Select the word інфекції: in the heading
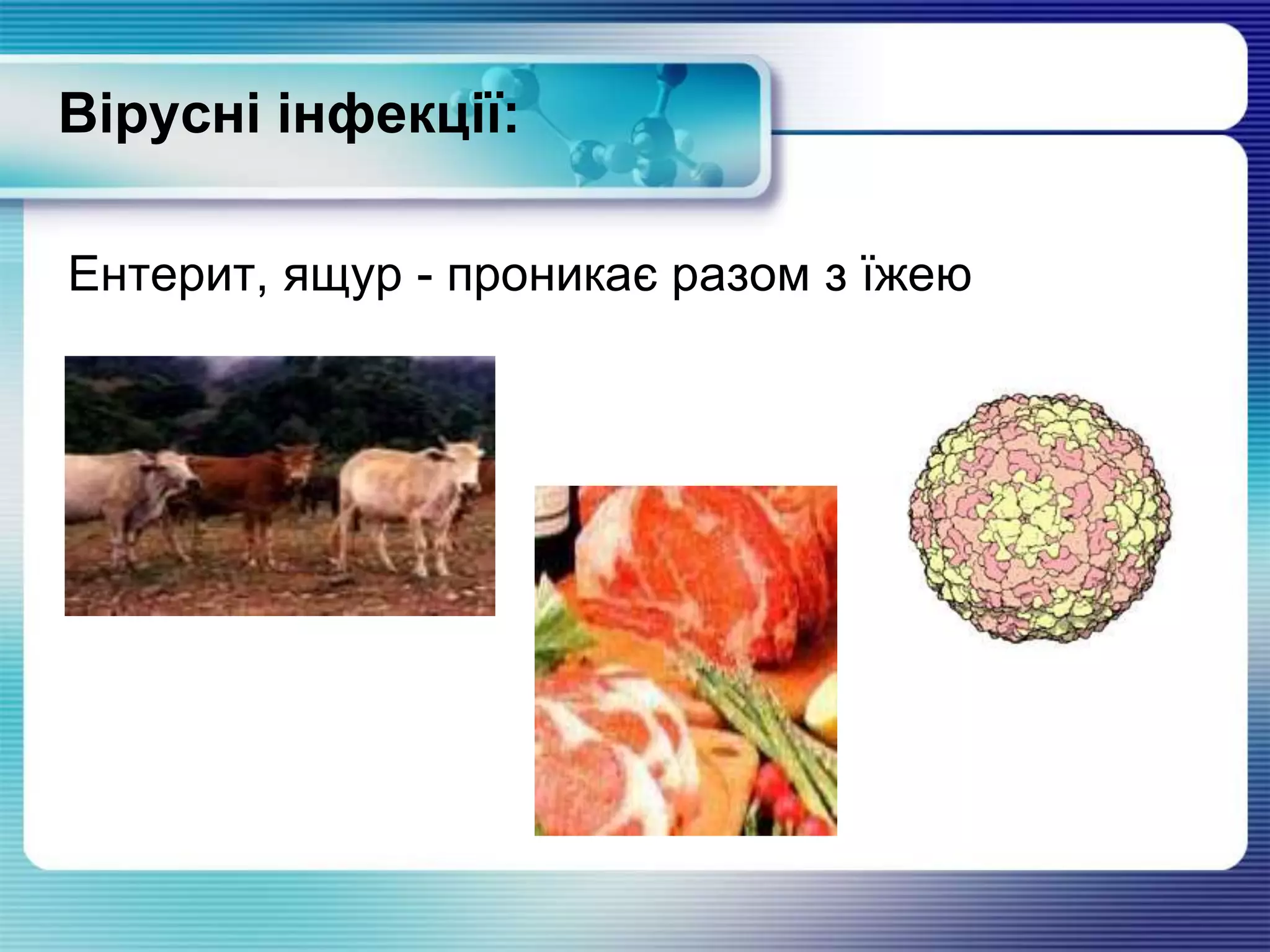coord(397,115)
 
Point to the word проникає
coord(553,276)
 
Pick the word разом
coord(741,276)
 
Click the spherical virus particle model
coord(1040,518)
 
